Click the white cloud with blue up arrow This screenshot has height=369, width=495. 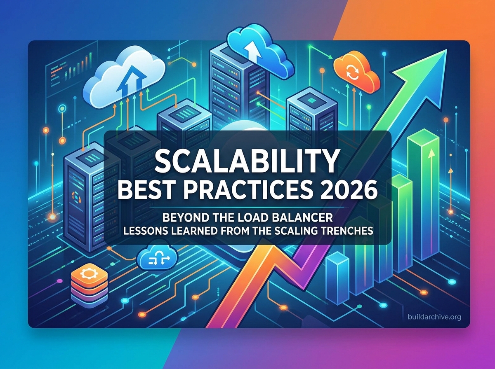tap(124, 78)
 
